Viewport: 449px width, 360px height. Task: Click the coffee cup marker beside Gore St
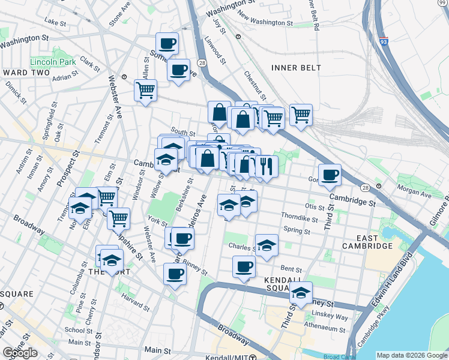(330, 175)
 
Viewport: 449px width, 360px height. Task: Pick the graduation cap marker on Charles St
(267, 245)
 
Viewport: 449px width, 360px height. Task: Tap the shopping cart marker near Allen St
(145, 91)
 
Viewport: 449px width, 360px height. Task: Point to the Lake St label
(55, 22)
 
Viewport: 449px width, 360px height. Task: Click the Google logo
(20, 353)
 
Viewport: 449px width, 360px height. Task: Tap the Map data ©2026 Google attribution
(411, 355)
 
